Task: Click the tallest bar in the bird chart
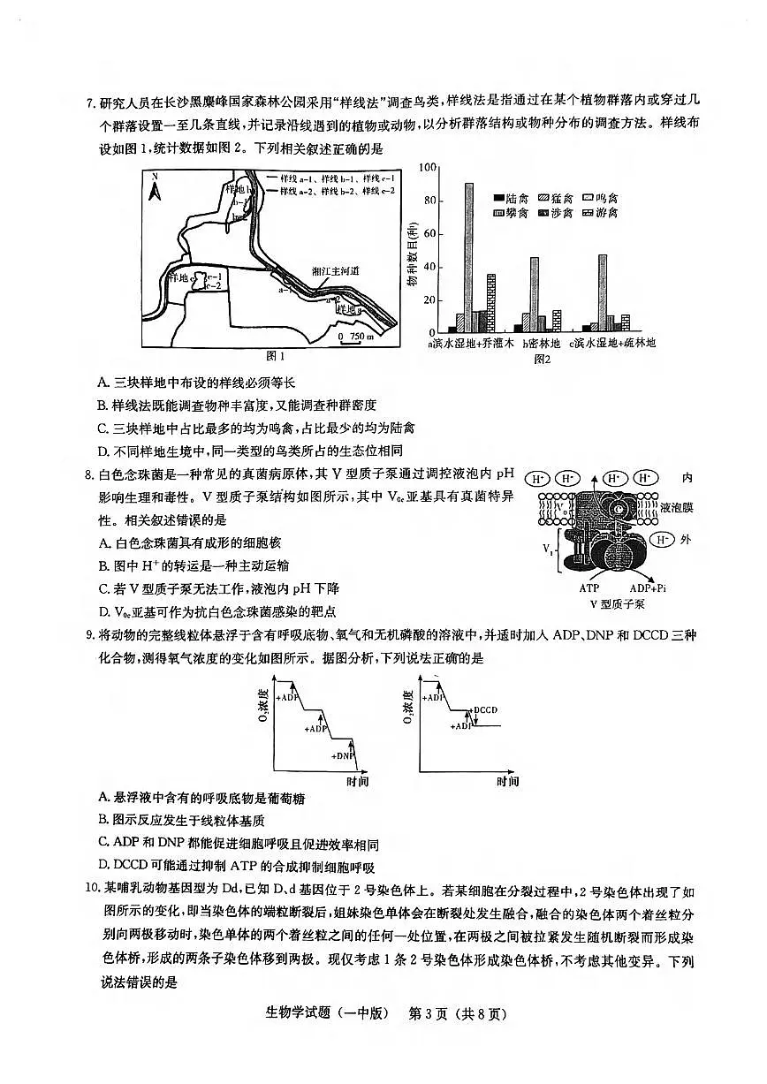click(x=468, y=256)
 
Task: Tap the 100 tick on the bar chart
click(x=429, y=167)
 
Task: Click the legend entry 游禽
click(x=600, y=213)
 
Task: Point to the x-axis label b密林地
click(x=542, y=344)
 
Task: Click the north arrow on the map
click(x=155, y=188)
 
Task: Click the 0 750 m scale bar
click(x=355, y=337)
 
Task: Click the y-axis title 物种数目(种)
click(x=413, y=258)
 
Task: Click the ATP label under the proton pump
click(x=589, y=587)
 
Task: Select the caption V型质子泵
click(x=617, y=604)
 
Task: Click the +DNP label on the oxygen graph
click(x=343, y=755)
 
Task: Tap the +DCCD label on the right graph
click(x=486, y=709)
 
